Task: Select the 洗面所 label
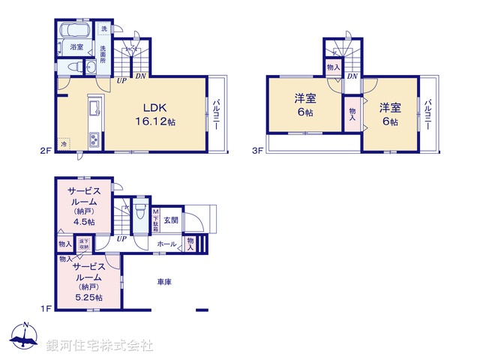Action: coord(103,53)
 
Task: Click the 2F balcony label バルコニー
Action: coord(214,113)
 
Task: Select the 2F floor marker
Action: coord(44,151)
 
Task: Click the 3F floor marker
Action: coord(256,151)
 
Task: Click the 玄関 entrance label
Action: coord(171,220)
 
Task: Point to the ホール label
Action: coord(166,244)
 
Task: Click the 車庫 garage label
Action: coord(165,282)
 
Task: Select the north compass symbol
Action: coord(25,337)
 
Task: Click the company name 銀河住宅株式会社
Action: coord(100,346)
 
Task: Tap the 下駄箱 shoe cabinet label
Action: coord(156,220)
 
